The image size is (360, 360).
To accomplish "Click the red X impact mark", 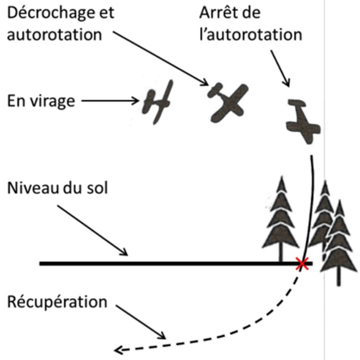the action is (302, 264).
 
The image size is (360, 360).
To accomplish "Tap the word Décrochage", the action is (50, 13).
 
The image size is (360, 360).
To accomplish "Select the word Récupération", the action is (57, 302).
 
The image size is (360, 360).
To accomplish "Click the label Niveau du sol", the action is (57, 188).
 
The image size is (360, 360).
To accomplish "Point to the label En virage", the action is (41, 101).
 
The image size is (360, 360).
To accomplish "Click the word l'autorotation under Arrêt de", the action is (251, 35).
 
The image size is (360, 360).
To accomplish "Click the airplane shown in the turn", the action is (157, 102).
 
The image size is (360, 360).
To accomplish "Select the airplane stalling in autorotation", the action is (228, 102).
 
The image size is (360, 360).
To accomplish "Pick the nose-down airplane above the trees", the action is (303, 121).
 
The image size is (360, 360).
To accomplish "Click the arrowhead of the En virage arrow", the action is (136, 101).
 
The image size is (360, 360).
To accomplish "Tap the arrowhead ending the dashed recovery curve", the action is (118, 350).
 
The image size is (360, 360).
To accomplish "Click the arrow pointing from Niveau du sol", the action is (92, 230).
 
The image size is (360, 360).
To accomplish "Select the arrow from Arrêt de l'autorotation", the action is (280, 69).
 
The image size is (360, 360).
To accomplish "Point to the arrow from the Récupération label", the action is (141, 322).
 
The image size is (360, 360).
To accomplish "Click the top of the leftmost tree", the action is (282, 176).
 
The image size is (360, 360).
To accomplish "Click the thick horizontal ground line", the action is (176, 264).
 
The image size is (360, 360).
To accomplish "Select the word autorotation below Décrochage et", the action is (54, 35).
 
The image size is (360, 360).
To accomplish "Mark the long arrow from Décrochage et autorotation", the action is (161, 58).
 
